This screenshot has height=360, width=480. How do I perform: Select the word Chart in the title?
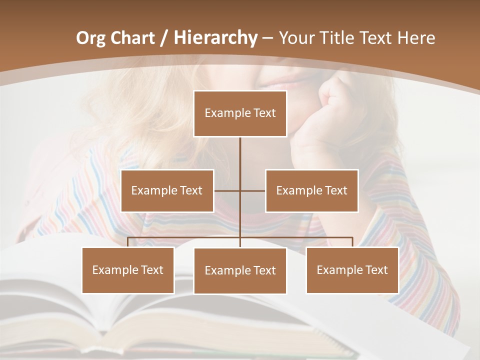[132, 38]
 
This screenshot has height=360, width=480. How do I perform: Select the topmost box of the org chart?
[240, 113]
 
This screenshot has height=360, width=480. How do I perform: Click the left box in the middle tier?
[167, 190]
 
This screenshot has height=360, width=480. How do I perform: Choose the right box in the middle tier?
[311, 190]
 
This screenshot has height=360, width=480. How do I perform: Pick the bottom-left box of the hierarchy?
[128, 270]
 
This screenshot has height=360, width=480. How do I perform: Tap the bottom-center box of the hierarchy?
[240, 271]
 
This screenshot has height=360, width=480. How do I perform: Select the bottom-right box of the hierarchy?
[352, 270]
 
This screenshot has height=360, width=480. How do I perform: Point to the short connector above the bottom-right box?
[352, 242]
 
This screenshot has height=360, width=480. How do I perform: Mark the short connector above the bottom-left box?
[128, 242]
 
